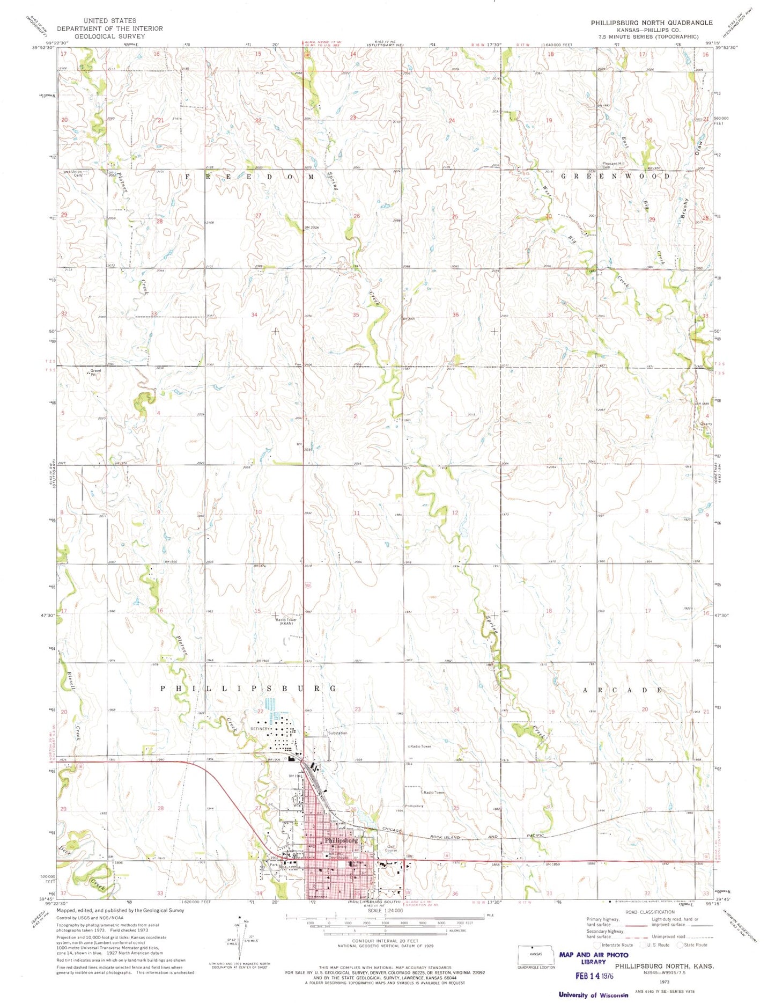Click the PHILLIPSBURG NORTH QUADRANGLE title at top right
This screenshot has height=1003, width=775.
(652, 23)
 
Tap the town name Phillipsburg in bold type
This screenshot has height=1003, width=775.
(341, 840)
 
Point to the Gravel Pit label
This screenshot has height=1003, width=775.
(95, 372)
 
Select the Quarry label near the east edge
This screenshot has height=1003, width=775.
(706, 423)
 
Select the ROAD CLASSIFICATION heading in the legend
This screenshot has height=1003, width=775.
(649, 912)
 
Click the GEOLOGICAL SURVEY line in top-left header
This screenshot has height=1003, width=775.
(101, 36)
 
